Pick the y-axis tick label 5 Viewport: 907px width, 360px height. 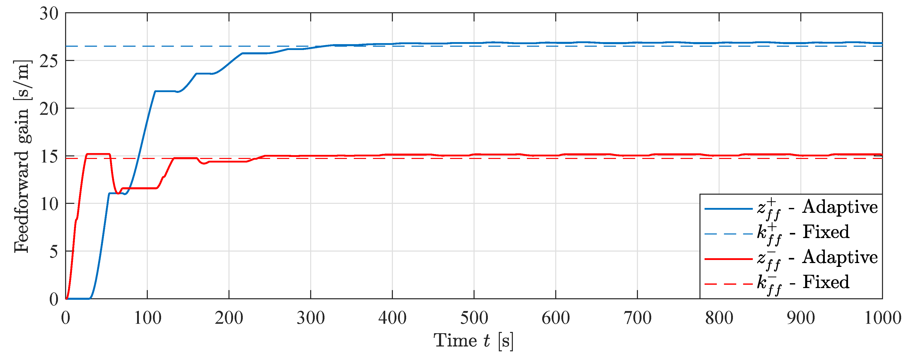(x=54, y=252)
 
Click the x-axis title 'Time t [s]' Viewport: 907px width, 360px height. (x=474, y=341)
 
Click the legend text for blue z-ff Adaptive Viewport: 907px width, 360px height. (x=817, y=208)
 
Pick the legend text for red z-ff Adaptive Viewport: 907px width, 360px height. (x=817, y=258)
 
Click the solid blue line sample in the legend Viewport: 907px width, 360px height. (x=728, y=209)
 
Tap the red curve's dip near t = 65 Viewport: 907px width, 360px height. (x=118, y=193)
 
